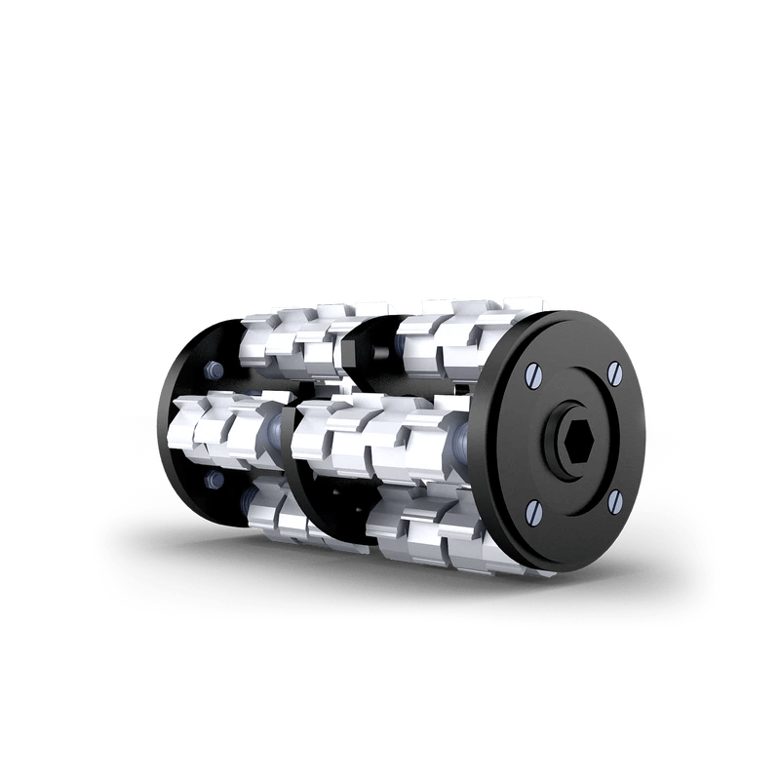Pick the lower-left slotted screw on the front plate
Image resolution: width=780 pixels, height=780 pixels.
[533, 510]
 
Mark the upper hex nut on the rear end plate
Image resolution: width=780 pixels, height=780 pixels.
[210, 370]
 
